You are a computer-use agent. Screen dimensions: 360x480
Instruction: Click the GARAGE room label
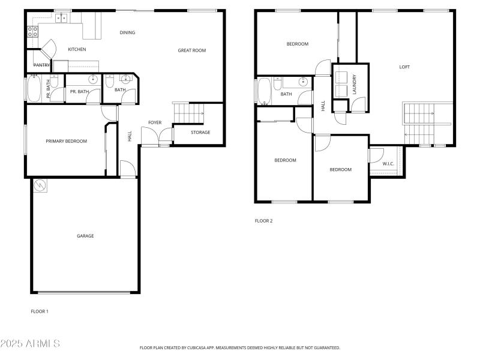(x=85, y=236)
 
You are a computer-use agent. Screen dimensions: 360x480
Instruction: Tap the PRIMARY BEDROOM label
(x=67, y=142)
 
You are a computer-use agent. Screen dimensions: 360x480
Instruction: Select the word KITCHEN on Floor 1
(x=77, y=49)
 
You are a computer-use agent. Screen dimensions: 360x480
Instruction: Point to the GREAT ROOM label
(x=191, y=50)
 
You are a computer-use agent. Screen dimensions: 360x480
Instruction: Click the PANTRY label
(x=41, y=65)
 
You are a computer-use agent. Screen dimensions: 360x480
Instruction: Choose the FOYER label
(x=155, y=122)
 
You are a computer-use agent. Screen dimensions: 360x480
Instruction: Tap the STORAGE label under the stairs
(x=200, y=132)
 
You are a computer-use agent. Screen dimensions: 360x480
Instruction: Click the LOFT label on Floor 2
(x=404, y=67)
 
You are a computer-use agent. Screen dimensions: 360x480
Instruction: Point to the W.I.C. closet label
(x=388, y=163)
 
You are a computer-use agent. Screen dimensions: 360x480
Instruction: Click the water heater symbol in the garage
(x=40, y=185)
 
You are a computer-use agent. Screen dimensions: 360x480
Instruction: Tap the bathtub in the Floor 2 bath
(x=263, y=91)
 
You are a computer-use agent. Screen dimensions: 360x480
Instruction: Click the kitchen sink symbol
(x=61, y=18)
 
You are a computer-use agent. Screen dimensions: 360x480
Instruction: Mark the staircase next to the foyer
(x=188, y=112)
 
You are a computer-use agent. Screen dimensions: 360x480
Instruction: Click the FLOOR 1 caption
(x=40, y=311)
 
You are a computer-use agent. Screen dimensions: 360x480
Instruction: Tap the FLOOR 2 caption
(x=263, y=221)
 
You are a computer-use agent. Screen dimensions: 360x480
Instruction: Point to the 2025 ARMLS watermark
(x=30, y=344)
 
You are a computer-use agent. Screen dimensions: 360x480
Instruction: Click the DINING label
(x=127, y=32)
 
